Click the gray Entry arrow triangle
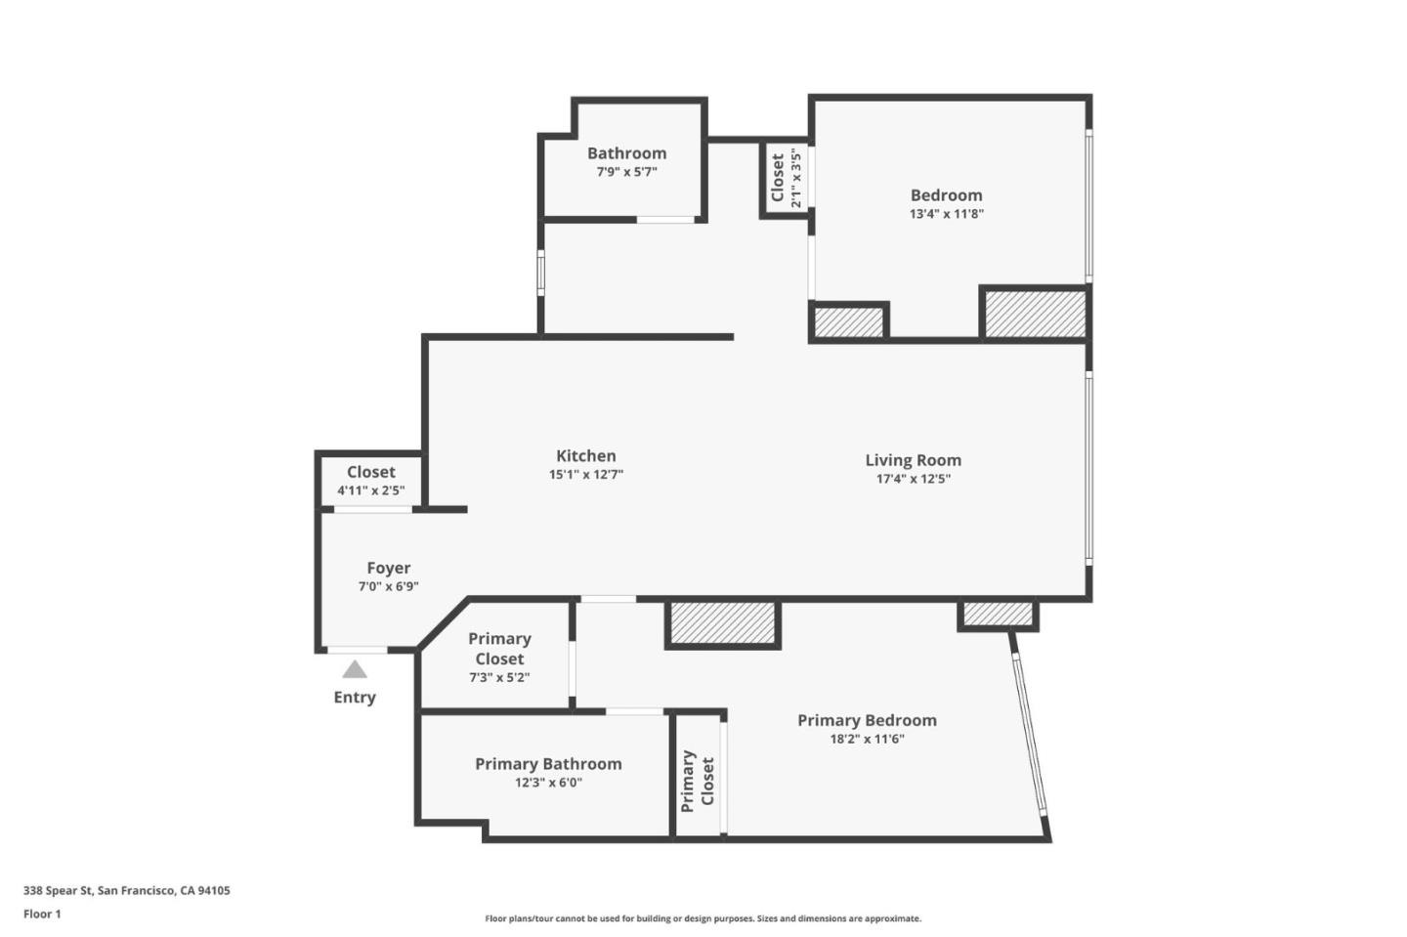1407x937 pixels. [355, 669]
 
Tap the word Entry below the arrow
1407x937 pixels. [355, 697]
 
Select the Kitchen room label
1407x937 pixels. [585, 455]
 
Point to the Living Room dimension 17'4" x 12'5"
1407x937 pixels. [913, 479]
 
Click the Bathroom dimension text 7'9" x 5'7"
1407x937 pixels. [626, 172]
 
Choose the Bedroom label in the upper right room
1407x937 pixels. [946, 195]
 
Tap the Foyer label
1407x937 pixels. [388, 568]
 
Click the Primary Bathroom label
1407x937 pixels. [548, 764]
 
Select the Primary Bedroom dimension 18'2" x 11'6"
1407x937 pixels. [867, 739]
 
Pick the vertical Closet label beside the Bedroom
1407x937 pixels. [778, 178]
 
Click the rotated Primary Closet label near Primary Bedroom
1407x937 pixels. [698, 781]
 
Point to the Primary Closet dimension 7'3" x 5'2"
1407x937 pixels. [499, 677]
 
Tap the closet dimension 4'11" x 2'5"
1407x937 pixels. [370, 490]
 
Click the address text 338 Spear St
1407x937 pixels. [127, 890]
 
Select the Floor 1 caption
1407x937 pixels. [42, 914]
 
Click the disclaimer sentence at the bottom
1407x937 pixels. [703, 918]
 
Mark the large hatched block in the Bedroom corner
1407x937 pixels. [1034, 314]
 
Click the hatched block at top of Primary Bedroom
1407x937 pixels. [722, 623]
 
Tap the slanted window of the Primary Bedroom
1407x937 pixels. [1029, 733]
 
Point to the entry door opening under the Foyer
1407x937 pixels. [357, 650]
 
